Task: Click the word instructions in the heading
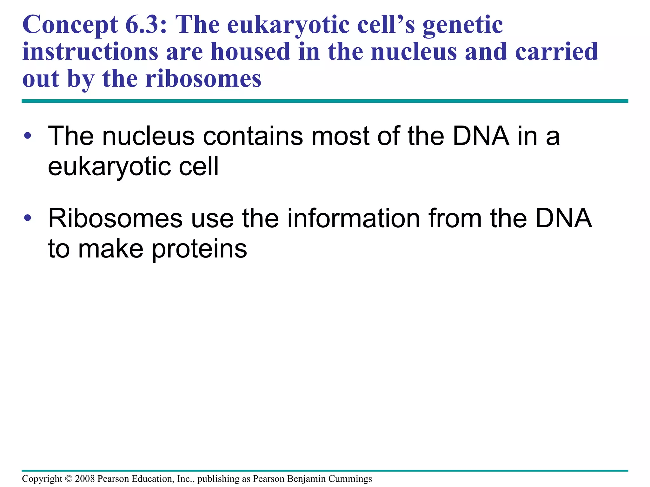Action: [90, 52]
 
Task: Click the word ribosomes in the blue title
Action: [203, 79]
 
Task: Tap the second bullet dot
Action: [28, 218]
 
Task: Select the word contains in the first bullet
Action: [253, 136]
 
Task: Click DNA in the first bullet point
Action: [481, 136]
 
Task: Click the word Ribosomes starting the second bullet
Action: [115, 218]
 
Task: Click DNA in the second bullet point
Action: [563, 218]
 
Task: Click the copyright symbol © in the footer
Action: [69, 479]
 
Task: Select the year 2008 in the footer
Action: [85, 479]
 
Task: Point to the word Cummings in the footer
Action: [350, 479]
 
